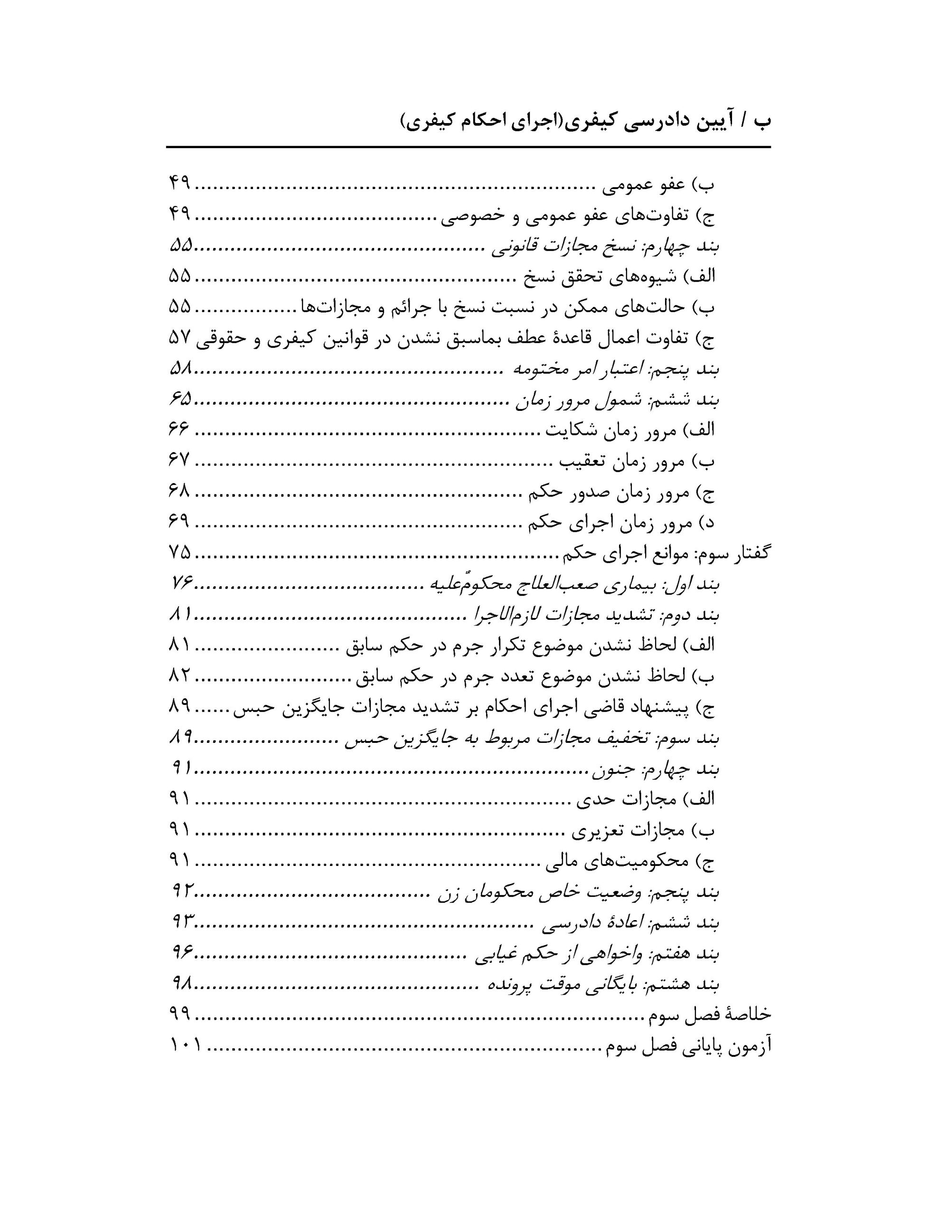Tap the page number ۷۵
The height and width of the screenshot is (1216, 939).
[x=180, y=553]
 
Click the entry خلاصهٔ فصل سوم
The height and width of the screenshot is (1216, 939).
[x=710, y=1015]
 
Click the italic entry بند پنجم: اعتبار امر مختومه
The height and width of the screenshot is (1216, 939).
[x=615, y=369]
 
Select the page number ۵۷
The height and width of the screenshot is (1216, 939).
[x=180, y=338]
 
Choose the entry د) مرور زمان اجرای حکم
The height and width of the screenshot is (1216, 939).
[x=622, y=523]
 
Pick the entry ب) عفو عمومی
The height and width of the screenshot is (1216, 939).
[x=658, y=185]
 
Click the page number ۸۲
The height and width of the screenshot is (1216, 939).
[x=179, y=676]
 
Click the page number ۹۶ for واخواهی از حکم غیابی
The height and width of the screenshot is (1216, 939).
[x=181, y=954]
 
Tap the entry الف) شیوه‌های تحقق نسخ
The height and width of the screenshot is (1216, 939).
[x=618, y=277]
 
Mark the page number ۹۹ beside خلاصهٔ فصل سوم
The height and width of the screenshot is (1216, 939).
[x=180, y=1015]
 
